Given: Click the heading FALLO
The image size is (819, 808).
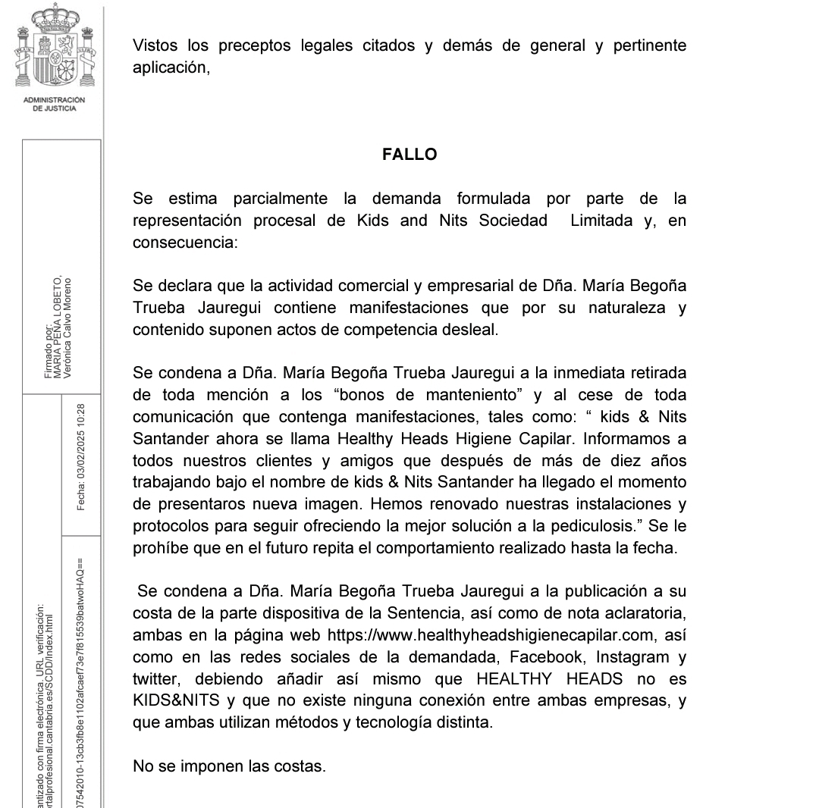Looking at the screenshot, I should (409, 155).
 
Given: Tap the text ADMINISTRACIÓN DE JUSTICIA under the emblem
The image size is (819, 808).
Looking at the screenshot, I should (55, 104).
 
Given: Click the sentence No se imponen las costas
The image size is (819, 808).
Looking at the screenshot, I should (229, 766).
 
